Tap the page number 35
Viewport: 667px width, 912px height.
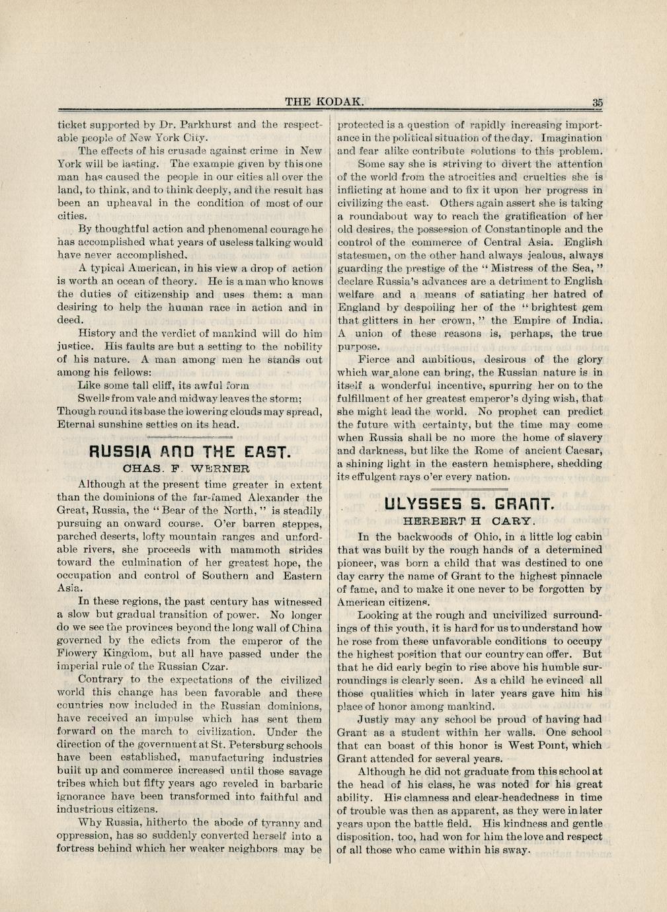[x=597, y=102]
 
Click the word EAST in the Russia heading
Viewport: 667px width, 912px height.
[x=266, y=453]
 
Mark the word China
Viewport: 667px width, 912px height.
[x=306, y=627]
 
